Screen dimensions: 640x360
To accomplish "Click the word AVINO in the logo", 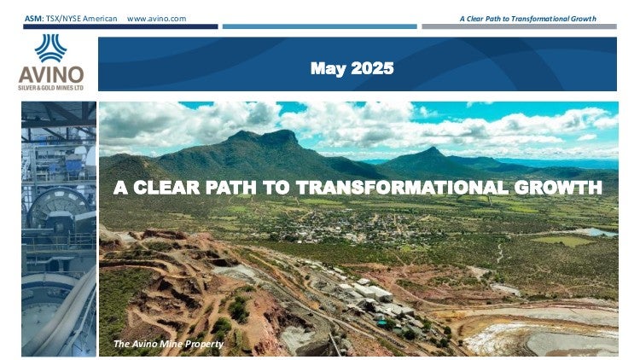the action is pos(51,75).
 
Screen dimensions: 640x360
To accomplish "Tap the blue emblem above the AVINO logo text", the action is pos(50,48).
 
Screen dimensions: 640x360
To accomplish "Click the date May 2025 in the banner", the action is pos(352,68).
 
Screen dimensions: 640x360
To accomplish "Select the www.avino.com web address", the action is pos(156,19).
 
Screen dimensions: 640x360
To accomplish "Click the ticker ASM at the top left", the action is pos(33,19).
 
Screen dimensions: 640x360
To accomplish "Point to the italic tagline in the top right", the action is pos(527,19).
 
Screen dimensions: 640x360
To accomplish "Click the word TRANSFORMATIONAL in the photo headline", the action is pos(402,188).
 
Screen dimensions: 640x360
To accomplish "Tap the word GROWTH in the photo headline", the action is pos(558,188).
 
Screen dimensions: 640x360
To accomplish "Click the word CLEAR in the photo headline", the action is pos(166,188).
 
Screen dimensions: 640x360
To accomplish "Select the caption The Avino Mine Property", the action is pos(168,344).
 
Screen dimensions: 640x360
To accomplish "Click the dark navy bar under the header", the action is pos(120,26).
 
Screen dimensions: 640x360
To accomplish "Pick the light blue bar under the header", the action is pos(320,26).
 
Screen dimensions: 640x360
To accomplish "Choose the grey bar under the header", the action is pos(519,26).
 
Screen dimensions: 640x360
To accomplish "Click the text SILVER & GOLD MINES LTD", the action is pos(51,88).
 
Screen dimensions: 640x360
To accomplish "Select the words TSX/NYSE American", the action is pos(81,19).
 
